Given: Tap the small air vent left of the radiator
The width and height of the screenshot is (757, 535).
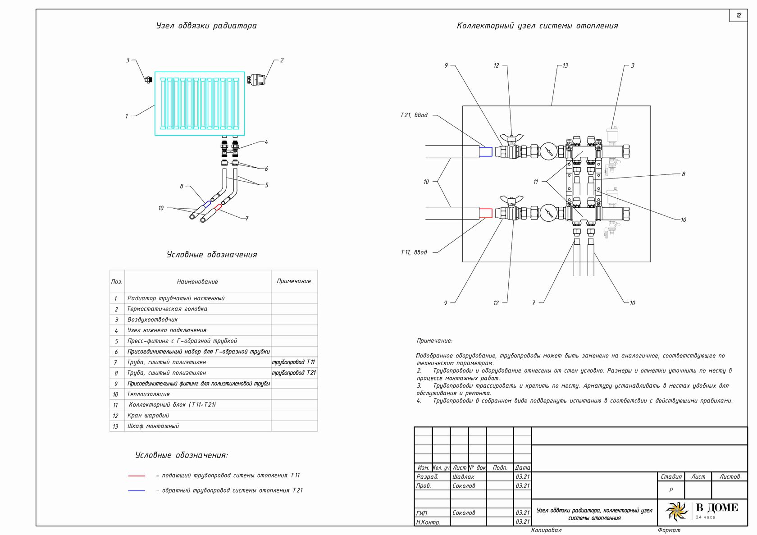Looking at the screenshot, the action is tap(148, 80).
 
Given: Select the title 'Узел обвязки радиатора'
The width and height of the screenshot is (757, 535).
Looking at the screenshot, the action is tap(206, 26).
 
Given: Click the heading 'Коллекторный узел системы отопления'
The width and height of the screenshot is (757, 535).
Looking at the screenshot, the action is tap(537, 26).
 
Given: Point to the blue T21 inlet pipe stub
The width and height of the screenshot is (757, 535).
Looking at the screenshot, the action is tap(486, 152).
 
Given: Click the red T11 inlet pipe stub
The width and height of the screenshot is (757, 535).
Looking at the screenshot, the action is tap(486, 213).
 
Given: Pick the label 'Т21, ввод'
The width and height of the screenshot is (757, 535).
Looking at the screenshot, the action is tap(414, 115).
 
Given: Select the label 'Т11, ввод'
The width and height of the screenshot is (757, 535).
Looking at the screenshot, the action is tap(414, 252).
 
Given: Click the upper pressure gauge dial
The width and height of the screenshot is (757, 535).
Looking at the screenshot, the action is tap(548, 151).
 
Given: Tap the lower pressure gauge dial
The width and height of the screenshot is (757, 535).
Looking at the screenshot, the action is tap(548, 213).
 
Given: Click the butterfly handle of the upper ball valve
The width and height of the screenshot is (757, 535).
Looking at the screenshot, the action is tap(511, 137).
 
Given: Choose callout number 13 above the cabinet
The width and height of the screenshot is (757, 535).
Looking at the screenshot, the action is tap(565, 65).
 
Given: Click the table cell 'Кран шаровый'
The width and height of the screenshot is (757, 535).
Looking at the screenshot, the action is tap(148, 416).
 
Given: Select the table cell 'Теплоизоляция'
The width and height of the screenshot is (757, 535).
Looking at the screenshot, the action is tap(148, 394).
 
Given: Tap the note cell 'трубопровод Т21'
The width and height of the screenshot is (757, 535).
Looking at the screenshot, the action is tap(294, 373).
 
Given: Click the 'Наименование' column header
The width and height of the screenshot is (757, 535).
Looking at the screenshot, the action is tap(197, 282).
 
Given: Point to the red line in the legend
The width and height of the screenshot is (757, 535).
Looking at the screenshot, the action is tap(137, 476).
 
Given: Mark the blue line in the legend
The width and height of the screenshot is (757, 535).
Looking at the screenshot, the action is tap(137, 491).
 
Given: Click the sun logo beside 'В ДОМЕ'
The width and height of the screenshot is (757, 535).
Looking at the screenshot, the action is tap(677, 512).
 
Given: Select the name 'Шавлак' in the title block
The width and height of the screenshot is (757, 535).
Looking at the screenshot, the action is tap(463, 477).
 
